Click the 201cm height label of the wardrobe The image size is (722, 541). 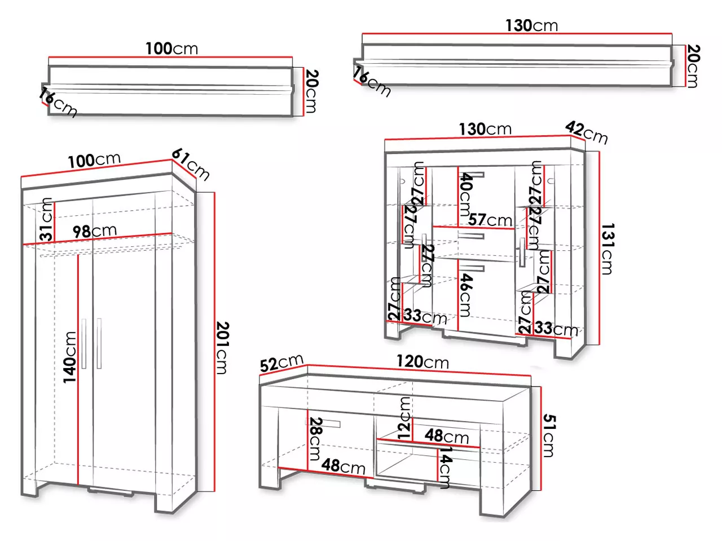pyautogui.click(x=222, y=348)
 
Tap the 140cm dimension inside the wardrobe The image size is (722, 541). pyautogui.click(x=70, y=357)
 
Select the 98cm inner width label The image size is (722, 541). pyautogui.click(x=94, y=230)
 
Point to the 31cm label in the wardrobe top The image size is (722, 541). pyautogui.click(x=47, y=220)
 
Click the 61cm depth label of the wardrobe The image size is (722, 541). pyautogui.click(x=191, y=163)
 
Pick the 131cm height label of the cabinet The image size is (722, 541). pyautogui.click(x=607, y=249)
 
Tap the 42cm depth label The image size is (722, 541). pyautogui.click(x=587, y=132)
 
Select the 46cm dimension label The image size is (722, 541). pyautogui.click(x=465, y=295)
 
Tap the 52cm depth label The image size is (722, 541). pyautogui.click(x=281, y=363)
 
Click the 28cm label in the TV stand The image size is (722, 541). pyautogui.click(x=315, y=438)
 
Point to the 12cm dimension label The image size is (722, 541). pyautogui.click(x=404, y=418)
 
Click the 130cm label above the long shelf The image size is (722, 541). pyautogui.click(x=531, y=25)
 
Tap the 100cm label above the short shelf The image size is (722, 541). pyautogui.click(x=171, y=48)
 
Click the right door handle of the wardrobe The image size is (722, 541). pyautogui.click(x=99, y=343)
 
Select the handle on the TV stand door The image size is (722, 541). pyautogui.click(x=324, y=423)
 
